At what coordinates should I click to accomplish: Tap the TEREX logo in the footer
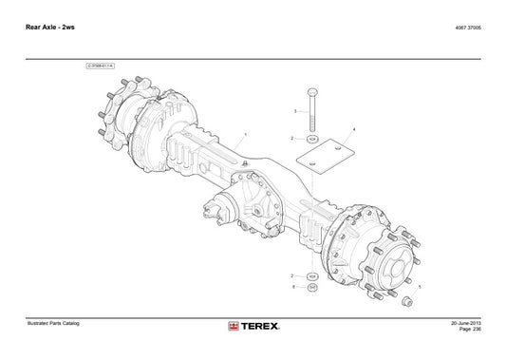[x=253, y=327]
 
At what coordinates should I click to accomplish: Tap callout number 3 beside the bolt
[x=295, y=111]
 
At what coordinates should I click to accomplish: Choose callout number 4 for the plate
[x=354, y=128]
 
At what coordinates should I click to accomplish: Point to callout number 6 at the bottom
[x=294, y=286]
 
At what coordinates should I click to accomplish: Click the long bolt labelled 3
[x=312, y=108]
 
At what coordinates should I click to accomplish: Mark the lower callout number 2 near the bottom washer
[x=294, y=274]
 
